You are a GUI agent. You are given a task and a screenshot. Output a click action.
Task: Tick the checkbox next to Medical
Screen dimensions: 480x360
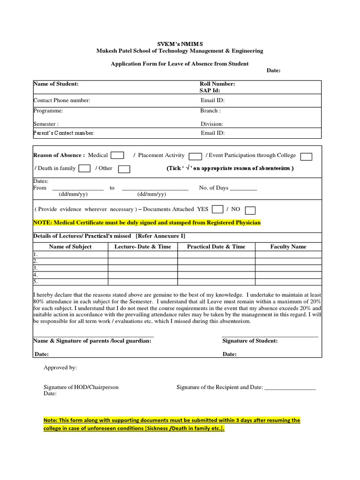pos(117,156)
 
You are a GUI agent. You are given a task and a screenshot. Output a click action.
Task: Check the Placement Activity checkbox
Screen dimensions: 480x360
pos(195,156)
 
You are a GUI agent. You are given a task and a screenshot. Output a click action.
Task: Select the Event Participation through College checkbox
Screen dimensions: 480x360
pos(307,156)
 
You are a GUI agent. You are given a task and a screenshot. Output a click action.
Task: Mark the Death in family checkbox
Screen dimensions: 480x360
pos(84,169)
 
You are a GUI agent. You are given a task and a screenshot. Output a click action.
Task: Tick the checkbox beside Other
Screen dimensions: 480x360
pos(124,169)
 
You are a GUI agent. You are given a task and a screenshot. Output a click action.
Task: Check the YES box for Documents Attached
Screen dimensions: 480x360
pos(217,209)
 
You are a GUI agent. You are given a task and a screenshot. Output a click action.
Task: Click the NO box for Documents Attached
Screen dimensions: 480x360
pos(250,210)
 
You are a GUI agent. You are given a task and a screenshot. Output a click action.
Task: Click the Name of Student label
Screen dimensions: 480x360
pos(56,84)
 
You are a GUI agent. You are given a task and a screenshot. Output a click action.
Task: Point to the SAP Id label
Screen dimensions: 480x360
pos(210,90)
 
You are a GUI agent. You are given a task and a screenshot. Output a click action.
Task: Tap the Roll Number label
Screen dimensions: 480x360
pos(217,84)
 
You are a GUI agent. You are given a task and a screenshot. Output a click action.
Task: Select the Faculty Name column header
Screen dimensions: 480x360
pos(288,247)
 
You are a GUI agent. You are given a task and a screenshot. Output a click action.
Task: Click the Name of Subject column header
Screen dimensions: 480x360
pos(70,247)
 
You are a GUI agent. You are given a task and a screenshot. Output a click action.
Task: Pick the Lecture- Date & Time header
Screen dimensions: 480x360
pos(143,247)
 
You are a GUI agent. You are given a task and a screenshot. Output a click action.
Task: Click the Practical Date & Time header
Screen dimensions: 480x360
pos(216,247)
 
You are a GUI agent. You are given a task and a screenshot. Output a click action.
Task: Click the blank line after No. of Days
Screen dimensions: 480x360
pos(244,189)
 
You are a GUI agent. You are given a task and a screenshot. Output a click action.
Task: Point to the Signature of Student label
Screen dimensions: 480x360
pos(250,341)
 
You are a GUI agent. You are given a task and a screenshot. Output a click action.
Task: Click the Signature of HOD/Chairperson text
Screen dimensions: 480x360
pos(81,387)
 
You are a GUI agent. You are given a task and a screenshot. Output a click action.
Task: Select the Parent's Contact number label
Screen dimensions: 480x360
pos(64,133)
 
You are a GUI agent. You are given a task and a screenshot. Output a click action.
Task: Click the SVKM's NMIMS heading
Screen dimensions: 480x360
pos(180,43)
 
